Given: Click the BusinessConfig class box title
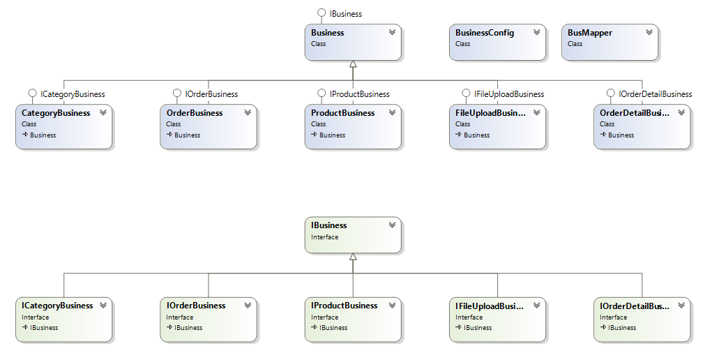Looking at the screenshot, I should [x=485, y=33].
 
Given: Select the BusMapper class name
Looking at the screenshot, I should [x=589, y=33].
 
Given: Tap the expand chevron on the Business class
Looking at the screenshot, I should [x=392, y=32].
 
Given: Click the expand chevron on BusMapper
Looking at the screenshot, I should [x=649, y=32].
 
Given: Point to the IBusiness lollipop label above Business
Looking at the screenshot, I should [x=345, y=13].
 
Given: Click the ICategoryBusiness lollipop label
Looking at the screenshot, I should [x=73, y=93].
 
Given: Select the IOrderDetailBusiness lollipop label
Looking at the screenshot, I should [x=655, y=93].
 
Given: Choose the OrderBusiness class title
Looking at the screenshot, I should [x=195, y=113].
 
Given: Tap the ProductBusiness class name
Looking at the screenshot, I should [x=343, y=113].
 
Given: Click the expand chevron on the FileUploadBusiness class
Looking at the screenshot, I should [x=536, y=112].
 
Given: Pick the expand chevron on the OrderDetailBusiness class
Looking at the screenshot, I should [x=681, y=112].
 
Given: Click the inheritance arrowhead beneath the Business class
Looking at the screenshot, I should [x=353, y=64].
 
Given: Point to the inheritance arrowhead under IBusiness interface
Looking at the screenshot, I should [x=353, y=257].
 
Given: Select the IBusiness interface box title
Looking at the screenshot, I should [x=329, y=225].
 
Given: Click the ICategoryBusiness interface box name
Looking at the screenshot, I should [x=57, y=306].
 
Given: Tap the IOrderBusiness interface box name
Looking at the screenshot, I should [x=196, y=306].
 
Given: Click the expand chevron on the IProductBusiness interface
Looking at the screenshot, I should [x=392, y=305].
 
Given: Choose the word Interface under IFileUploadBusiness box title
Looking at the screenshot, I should [x=469, y=317].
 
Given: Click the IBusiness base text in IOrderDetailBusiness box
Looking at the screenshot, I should [x=622, y=328].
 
